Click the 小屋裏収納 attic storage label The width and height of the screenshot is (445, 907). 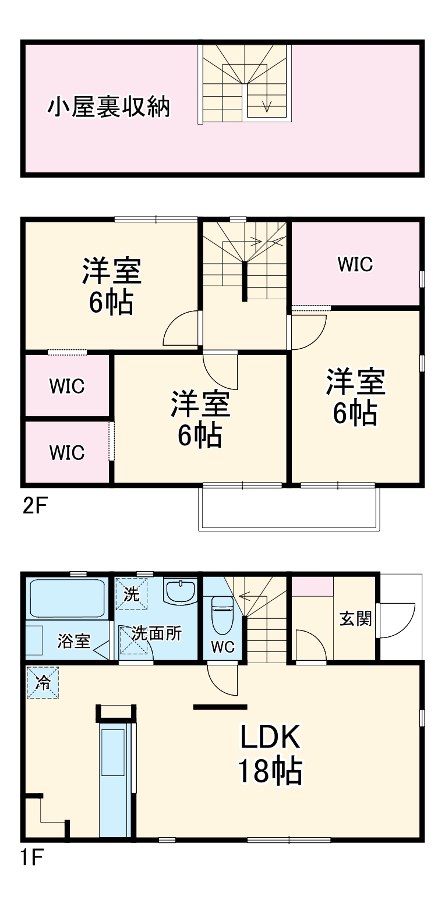(x=108, y=108)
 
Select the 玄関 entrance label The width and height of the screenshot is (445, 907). (x=355, y=619)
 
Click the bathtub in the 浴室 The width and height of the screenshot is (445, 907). (x=66, y=598)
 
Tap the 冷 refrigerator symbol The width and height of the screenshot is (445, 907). (x=43, y=683)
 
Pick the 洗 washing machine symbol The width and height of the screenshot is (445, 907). (x=132, y=594)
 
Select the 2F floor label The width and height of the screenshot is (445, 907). (x=33, y=504)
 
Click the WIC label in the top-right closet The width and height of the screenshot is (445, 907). (x=355, y=265)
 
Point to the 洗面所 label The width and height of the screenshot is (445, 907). (x=156, y=633)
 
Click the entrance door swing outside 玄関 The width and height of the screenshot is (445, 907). (x=396, y=619)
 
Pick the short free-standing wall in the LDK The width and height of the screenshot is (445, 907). (x=220, y=707)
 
